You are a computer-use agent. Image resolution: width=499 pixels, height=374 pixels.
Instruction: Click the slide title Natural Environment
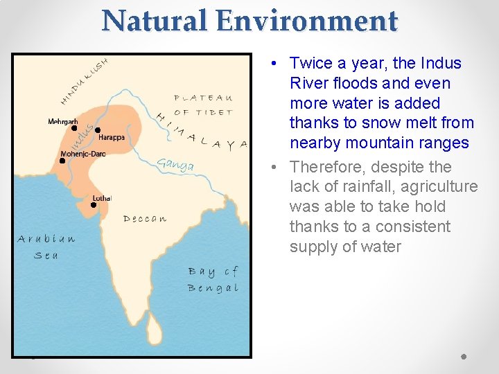pos(249,21)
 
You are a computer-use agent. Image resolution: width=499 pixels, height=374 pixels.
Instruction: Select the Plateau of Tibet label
pos(203,105)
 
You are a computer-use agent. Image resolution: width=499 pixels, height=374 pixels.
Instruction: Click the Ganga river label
pos(175,165)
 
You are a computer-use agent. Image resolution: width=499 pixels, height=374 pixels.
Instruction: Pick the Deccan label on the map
pos(145,219)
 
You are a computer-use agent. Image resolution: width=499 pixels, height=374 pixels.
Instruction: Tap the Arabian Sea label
pos(46,247)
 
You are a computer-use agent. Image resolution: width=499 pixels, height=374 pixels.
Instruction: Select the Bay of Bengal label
pos(213,279)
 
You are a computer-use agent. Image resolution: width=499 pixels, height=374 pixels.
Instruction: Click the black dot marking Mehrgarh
pos(74,128)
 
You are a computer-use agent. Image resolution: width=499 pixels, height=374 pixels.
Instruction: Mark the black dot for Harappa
pos(98,130)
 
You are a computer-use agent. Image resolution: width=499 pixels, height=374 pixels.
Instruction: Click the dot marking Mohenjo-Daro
pos(62,161)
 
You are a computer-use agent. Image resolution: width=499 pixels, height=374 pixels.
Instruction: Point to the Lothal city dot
pos(94,204)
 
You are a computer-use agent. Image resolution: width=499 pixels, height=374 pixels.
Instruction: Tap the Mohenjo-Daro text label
pos(83,154)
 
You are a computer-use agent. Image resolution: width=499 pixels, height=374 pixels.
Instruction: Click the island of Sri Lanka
pos(155,330)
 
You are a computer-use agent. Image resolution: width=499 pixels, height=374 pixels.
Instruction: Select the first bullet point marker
pos(275,64)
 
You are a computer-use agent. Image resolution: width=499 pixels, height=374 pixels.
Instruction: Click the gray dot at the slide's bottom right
pos(464,357)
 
